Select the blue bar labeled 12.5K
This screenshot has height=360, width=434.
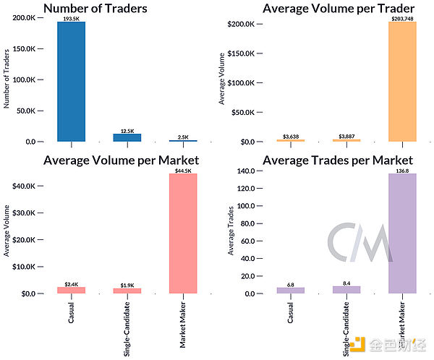point(127,137)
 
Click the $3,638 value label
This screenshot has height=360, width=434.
point(291,136)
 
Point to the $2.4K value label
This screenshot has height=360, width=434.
point(71,284)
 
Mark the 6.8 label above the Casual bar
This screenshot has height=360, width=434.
point(291,284)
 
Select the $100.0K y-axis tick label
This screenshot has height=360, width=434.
point(240,83)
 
